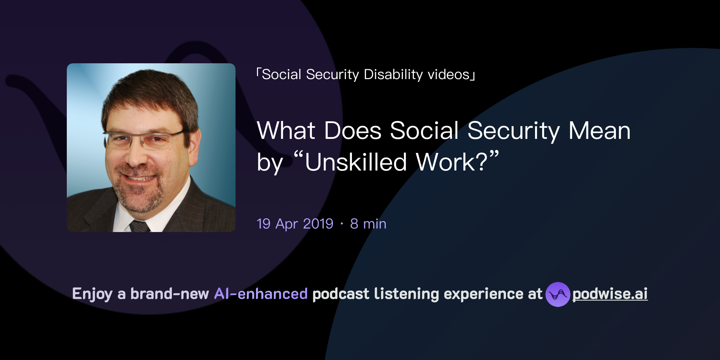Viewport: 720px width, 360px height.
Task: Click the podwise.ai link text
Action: [x=610, y=294]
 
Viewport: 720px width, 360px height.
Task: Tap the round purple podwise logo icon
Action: [x=557, y=294]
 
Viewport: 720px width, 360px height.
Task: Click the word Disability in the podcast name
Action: [x=393, y=75]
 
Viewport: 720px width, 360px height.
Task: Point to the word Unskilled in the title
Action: [x=355, y=162]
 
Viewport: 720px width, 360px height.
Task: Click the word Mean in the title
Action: [x=599, y=131]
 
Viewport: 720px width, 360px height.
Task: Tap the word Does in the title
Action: [x=353, y=131]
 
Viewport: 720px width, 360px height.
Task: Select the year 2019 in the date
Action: [x=318, y=224]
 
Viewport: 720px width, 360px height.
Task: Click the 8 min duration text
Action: [x=368, y=224]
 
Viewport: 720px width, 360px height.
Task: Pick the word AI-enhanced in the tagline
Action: [x=261, y=294]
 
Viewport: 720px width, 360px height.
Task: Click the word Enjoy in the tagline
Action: [x=92, y=294]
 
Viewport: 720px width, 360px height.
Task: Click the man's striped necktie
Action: [x=140, y=226]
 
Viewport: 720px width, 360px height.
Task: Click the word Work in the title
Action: [x=445, y=162]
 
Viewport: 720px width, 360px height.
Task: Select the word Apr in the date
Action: [x=287, y=224]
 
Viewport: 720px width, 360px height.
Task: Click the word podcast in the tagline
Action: [x=341, y=294]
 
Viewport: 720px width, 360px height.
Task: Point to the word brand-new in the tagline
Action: [x=169, y=294]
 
